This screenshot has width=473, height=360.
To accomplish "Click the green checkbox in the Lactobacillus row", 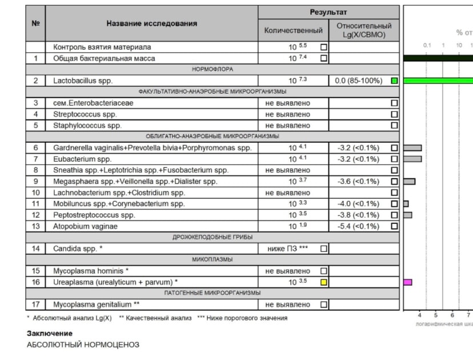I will (x=394, y=81).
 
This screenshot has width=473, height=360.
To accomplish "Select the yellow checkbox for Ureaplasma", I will (x=324, y=282).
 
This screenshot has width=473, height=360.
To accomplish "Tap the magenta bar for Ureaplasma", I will (x=408, y=282).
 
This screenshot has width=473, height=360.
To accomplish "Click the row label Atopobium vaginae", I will (x=85, y=226).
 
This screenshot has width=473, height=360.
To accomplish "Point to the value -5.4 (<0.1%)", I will (x=358, y=226).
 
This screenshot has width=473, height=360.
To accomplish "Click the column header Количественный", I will (x=294, y=30).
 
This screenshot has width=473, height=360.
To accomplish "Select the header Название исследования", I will (x=151, y=23).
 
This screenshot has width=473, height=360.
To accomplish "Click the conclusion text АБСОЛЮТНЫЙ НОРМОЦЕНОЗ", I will (x=83, y=345).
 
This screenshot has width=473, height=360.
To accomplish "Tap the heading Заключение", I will (x=50, y=333).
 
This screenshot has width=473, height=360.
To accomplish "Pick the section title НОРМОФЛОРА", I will (x=213, y=69).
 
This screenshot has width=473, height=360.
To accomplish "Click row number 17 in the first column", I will (x=35, y=305).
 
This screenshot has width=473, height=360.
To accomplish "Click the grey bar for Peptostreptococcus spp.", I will (x=407, y=215).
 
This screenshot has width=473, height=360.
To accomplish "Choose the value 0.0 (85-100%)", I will (x=359, y=81).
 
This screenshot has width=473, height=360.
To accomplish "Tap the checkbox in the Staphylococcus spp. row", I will (x=394, y=126).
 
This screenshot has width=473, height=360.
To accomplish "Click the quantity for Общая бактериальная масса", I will (x=298, y=58).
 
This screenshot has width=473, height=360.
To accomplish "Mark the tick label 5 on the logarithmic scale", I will (x=435, y=315).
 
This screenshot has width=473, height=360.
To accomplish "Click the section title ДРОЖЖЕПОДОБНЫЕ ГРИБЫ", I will (x=213, y=237).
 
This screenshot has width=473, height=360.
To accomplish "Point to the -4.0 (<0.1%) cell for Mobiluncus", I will (x=358, y=204).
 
